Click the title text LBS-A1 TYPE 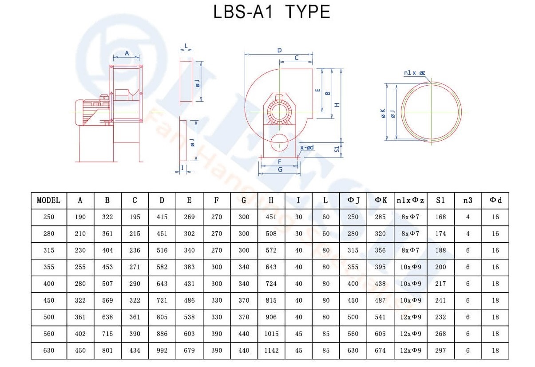[x=272, y=12]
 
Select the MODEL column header [x=48, y=201]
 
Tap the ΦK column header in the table [x=380, y=201]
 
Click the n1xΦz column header [x=410, y=201]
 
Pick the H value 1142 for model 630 [x=271, y=351]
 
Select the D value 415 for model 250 [x=162, y=217]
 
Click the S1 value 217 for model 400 [x=440, y=284]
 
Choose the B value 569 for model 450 [x=107, y=300]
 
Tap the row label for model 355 [x=49, y=267]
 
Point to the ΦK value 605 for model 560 [x=380, y=334]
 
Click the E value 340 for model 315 [x=189, y=250]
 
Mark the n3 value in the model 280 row [x=468, y=234]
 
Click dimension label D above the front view [x=279, y=50]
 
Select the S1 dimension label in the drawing [x=337, y=149]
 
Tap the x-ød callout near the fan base [x=307, y=147]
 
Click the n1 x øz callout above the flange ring [x=414, y=73]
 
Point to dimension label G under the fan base [x=280, y=170]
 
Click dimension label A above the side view [x=127, y=53]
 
